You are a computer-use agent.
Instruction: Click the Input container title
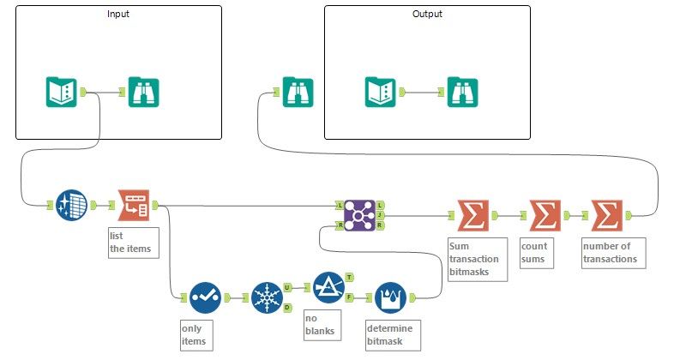point(118,15)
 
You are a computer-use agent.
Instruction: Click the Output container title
point(427,15)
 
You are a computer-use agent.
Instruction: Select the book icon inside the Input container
point(62,92)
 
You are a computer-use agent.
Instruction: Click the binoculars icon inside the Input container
point(143,92)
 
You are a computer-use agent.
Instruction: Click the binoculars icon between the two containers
point(297,92)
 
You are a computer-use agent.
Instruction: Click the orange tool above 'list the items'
point(134,206)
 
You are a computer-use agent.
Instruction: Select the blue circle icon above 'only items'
point(206,297)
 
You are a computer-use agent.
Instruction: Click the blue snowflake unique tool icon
point(268,297)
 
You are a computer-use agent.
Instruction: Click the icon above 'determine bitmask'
point(391,297)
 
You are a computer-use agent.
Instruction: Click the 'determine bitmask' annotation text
point(390,334)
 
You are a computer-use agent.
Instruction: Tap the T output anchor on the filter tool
point(349,277)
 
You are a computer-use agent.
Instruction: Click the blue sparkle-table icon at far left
point(72,206)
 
